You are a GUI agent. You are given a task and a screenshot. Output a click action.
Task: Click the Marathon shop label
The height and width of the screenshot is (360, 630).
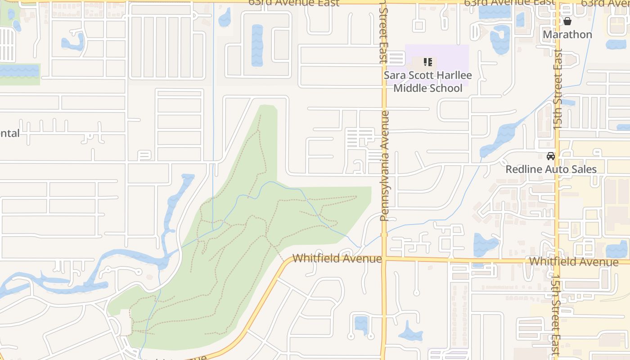pyautogui.click(x=567, y=34)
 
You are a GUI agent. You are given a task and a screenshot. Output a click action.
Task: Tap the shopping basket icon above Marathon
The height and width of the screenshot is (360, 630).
pyautogui.click(x=567, y=21)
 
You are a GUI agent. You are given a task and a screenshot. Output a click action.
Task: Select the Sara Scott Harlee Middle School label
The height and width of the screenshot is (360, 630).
pyautogui.click(x=427, y=81)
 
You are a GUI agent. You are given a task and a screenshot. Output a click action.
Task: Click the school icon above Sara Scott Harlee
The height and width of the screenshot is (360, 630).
pyautogui.click(x=427, y=62)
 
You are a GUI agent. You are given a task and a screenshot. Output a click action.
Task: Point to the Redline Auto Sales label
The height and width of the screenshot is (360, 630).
pyautogui.click(x=551, y=169)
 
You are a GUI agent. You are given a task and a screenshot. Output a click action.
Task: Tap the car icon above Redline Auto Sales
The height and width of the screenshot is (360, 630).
pyautogui.click(x=550, y=156)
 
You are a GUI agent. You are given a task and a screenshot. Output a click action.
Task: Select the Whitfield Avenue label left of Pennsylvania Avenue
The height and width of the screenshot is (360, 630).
pyautogui.click(x=337, y=258)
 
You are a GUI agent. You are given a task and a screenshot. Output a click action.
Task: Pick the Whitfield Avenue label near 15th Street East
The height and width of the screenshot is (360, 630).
pyautogui.click(x=573, y=261)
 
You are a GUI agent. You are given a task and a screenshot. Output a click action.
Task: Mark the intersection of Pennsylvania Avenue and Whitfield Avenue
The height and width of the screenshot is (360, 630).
pyautogui.click(x=384, y=259)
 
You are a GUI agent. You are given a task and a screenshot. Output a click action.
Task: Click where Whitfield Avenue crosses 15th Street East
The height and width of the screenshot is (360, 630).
pyautogui.click(x=557, y=261)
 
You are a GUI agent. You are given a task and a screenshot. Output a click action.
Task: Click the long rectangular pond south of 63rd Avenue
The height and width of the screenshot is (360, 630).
pyautogui.click(x=257, y=45)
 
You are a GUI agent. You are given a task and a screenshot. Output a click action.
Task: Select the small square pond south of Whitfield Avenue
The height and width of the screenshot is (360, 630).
pyautogui.click(x=361, y=324)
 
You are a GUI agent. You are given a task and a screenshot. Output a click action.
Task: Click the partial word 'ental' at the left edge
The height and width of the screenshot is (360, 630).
pyautogui.click(x=9, y=133)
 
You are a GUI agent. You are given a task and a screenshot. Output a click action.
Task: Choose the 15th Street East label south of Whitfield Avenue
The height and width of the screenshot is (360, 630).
pyautogui.click(x=555, y=315)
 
